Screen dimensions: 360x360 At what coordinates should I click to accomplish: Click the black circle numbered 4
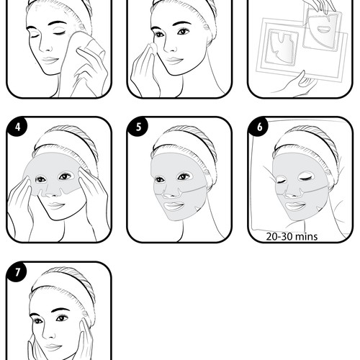point(17,127)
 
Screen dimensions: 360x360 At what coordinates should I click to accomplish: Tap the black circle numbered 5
point(138,127)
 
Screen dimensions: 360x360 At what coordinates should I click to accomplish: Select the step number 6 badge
point(258,127)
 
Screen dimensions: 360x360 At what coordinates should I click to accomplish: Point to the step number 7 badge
point(17,272)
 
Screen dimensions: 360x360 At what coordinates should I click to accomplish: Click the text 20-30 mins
point(292,237)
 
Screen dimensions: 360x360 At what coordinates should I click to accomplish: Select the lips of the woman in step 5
point(174,206)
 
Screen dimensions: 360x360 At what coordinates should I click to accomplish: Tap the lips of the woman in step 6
point(295,206)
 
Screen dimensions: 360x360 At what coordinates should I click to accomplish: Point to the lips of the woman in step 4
point(56,205)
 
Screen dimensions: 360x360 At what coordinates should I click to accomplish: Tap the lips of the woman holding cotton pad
point(175,60)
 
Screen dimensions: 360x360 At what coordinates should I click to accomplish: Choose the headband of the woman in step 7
point(63,283)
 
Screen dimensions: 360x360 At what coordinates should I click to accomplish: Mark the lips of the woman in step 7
point(54,347)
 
